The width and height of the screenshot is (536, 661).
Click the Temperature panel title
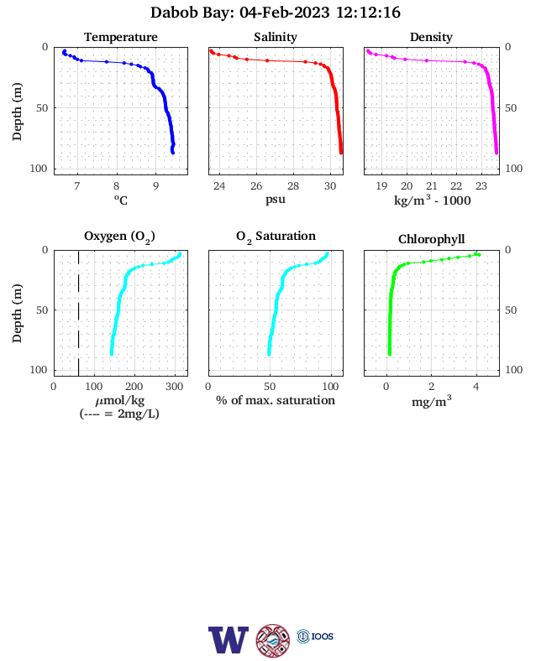click(121, 37)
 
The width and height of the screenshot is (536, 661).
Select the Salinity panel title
click(276, 37)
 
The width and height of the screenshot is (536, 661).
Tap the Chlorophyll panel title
click(431, 239)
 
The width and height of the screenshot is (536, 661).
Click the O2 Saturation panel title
click(276, 237)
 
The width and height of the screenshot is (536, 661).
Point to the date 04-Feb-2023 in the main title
click(285, 13)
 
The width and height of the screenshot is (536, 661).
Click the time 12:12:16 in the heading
click(368, 13)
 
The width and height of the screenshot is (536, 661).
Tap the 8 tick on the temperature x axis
click(117, 186)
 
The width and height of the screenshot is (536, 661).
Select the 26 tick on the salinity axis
click(256, 186)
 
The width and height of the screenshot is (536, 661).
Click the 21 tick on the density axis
click(431, 186)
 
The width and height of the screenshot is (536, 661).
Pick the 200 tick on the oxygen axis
click(134, 387)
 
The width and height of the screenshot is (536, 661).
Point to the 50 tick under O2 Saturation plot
click(270, 387)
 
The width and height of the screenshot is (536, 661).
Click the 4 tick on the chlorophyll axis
click(476, 387)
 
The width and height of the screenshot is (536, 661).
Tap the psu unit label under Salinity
click(276, 199)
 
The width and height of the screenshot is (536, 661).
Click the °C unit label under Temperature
click(121, 200)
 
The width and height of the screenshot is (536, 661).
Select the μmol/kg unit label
click(120, 401)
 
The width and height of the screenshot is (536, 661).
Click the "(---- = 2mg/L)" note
click(119, 414)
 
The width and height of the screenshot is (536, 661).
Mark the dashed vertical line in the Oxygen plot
click(78, 313)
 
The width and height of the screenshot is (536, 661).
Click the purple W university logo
click(229, 640)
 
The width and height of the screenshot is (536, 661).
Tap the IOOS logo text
click(323, 637)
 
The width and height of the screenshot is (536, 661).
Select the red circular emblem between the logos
click(273, 641)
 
